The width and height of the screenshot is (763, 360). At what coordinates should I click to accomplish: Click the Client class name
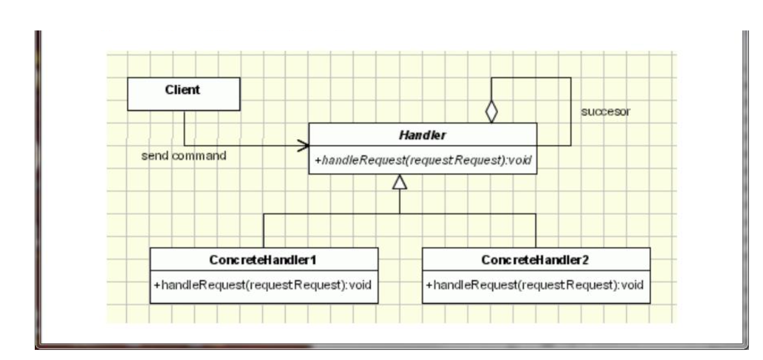pyautogui.click(x=182, y=90)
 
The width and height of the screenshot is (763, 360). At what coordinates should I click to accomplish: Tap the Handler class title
pyautogui.click(x=422, y=135)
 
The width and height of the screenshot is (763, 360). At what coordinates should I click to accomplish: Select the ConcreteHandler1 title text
pyautogui.click(x=263, y=260)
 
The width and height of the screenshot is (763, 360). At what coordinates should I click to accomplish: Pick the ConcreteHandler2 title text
pyautogui.click(x=535, y=260)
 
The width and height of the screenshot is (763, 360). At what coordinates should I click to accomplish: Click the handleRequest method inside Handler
pyautogui.click(x=423, y=160)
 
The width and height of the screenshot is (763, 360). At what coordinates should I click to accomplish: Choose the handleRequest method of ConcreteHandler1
pyautogui.click(x=263, y=285)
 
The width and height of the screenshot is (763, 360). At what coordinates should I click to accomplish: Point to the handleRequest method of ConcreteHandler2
pyautogui.click(x=535, y=285)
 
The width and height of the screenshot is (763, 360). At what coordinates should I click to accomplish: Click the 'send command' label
pyautogui.click(x=183, y=156)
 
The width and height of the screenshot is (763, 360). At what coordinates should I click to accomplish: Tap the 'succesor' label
pyautogui.click(x=605, y=112)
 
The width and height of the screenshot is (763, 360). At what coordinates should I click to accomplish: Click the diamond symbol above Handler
pyautogui.click(x=492, y=111)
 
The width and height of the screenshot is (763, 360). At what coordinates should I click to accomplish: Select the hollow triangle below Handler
pyautogui.click(x=400, y=182)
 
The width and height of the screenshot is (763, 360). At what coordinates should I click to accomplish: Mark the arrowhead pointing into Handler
pyautogui.click(x=304, y=146)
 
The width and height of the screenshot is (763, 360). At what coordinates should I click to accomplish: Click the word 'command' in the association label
pyautogui.click(x=199, y=156)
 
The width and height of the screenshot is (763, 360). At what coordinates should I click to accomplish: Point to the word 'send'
pyautogui.click(x=154, y=156)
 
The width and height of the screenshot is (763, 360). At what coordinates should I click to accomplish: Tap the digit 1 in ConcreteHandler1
pyautogui.click(x=313, y=260)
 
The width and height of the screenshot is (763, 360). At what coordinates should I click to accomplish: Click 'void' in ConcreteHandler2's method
pyautogui.click(x=632, y=285)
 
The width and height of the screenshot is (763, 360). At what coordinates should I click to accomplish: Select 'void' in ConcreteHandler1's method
pyautogui.click(x=360, y=285)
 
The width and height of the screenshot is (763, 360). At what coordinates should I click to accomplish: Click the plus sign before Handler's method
pyautogui.click(x=318, y=160)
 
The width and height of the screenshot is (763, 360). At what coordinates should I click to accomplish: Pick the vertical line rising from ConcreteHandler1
pyautogui.click(x=264, y=231)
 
